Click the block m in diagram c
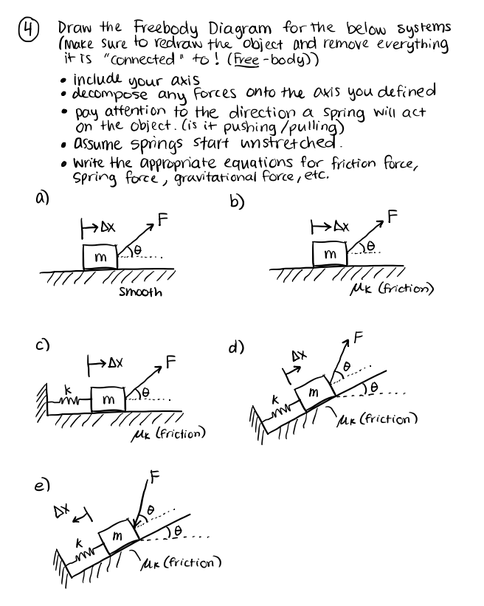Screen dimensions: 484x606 tap(108, 399)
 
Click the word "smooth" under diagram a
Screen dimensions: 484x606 tap(140, 292)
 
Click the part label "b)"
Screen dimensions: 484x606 tap(238, 200)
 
